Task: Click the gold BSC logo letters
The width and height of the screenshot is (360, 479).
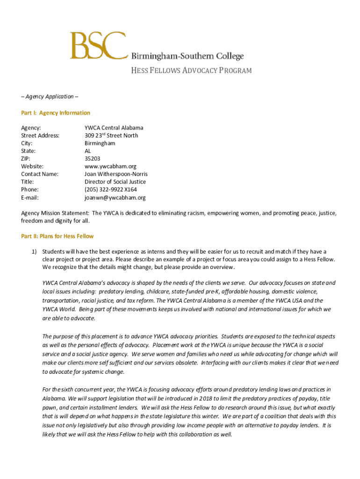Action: [x=98, y=45]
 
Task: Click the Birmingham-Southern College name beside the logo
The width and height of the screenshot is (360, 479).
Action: [x=187, y=56]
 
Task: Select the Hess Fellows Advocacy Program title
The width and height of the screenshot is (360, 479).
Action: [x=187, y=71]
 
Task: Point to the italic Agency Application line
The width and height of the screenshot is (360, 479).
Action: [x=50, y=96]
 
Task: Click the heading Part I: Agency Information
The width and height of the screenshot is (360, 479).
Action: [x=56, y=113]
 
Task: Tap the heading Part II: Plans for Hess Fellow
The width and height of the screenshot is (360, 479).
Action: [x=58, y=236]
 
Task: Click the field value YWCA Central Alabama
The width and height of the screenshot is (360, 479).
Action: [x=114, y=128]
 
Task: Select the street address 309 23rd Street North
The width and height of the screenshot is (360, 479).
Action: [x=111, y=136]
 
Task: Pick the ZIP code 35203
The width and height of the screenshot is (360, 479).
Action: [x=92, y=159]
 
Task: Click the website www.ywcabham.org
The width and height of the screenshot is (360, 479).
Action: [x=110, y=166]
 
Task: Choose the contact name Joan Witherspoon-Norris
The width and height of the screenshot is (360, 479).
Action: [x=116, y=174]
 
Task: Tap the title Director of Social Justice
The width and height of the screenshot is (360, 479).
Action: [x=115, y=181]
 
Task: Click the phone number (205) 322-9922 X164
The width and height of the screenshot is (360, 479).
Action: [x=111, y=189]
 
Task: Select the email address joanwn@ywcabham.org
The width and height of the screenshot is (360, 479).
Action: [x=115, y=197]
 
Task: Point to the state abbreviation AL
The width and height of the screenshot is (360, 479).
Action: [x=88, y=151]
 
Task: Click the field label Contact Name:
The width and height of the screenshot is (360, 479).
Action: [x=40, y=174]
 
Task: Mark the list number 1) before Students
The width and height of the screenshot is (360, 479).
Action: [x=34, y=252]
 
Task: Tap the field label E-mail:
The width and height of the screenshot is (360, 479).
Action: [x=30, y=197]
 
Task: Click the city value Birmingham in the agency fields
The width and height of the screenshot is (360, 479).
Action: [x=100, y=143]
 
